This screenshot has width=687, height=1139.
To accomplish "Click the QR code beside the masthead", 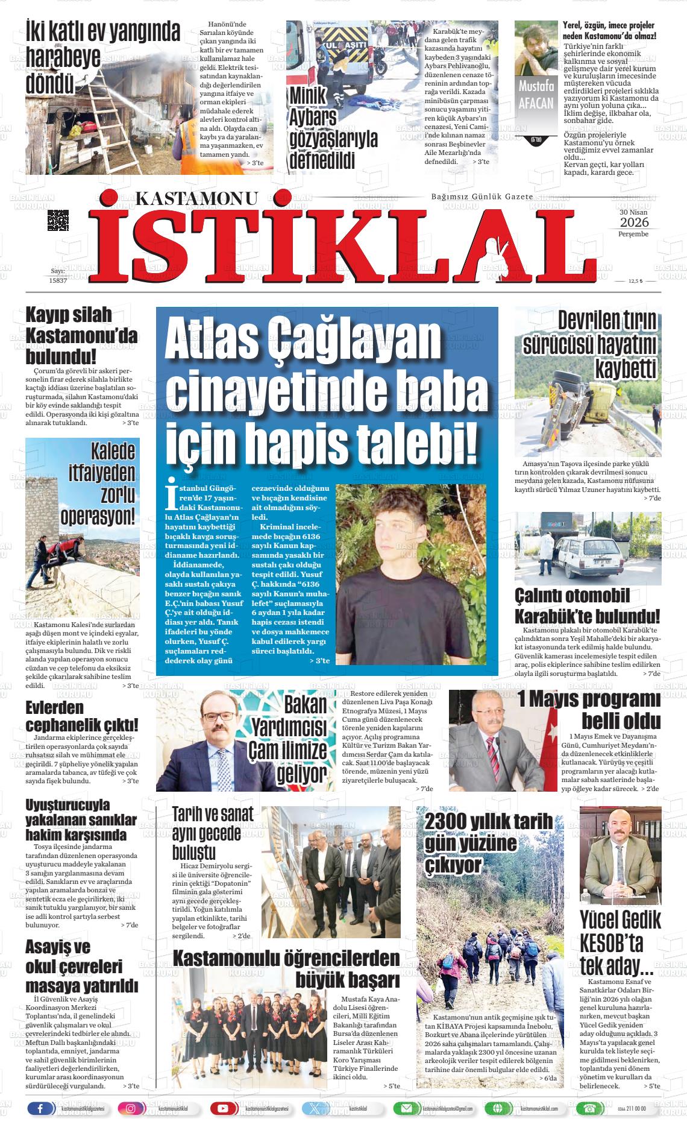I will (58, 221).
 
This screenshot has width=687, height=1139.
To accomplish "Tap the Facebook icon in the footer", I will (40, 1108).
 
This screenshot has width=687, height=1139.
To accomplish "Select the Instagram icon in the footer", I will (131, 1108).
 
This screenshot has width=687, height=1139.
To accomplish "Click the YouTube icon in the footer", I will (222, 1108).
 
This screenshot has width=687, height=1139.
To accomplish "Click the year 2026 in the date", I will (633, 223).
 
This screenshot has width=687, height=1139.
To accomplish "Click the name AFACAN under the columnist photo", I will (535, 102).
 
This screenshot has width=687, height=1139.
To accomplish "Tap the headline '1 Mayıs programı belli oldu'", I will (589, 710).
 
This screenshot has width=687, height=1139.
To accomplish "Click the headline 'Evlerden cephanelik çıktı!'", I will (82, 716).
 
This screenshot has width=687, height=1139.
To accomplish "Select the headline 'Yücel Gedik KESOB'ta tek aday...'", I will (620, 944).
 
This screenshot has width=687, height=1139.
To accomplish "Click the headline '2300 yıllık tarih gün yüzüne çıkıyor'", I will (488, 843).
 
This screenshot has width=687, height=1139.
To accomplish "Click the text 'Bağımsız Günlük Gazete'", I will (482, 197).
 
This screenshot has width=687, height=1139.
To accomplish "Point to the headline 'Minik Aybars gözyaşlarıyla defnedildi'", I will (333, 128).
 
